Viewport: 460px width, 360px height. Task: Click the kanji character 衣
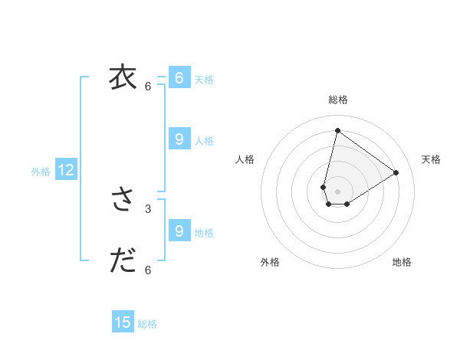click(123, 77)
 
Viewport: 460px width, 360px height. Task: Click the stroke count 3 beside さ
click(148, 208)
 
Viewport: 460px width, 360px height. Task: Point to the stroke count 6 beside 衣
click(148, 86)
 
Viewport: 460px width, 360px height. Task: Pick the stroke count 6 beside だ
click(148, 270)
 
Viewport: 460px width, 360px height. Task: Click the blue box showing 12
click(66, 171)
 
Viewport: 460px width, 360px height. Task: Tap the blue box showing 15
click(123, 322)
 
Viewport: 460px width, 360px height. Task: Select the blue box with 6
click(179, 78)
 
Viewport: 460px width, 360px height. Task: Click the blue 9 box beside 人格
click(179, 139)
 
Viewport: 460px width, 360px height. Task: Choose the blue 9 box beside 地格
click(179, 231)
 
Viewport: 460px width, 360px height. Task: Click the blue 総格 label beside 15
click(147, 324)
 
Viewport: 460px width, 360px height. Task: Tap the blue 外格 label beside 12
click(41, 172)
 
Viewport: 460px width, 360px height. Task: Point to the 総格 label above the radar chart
click(338, 100)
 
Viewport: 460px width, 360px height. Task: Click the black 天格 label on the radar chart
click(431, 159)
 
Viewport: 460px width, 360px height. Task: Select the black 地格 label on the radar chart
click(402, 262)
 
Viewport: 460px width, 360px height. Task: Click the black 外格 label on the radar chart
click(270, 262)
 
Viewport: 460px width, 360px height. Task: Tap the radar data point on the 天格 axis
click(396, 172)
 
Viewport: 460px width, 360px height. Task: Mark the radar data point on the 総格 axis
click(337, 130)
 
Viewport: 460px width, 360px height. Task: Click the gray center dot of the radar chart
click(337, 191)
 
